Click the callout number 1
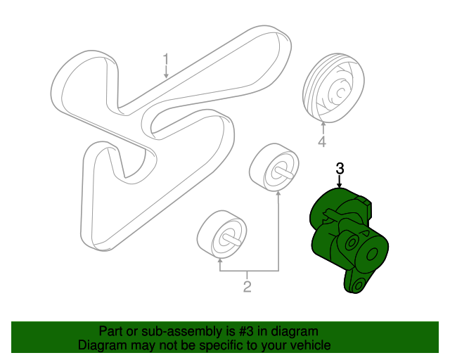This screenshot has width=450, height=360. click(166, 60)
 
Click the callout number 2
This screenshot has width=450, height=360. click(247, 286)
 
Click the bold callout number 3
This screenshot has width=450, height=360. click(340, 169)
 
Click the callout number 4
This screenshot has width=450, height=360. click(322, 141)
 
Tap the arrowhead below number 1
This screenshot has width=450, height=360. click(166, 76)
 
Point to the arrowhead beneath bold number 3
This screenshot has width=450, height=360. click(340, 186)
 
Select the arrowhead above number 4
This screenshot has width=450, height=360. click(323, 124)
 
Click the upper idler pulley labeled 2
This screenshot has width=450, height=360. click(274, 167)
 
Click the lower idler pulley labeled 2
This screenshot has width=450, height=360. click(221, 235)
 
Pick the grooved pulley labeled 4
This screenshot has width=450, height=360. click(333, 88)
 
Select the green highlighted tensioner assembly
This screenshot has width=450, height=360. click(349, 240)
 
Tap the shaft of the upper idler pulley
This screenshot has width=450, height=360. click(284, 172)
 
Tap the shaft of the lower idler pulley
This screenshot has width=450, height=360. click(231, 240)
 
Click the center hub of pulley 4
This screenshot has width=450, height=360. click(340, 92)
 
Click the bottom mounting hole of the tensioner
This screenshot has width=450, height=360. click(358, 285)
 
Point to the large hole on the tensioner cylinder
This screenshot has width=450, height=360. click(372, 254)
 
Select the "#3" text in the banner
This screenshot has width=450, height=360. click(246, 331)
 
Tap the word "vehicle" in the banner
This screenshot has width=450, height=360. click(312, 345)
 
